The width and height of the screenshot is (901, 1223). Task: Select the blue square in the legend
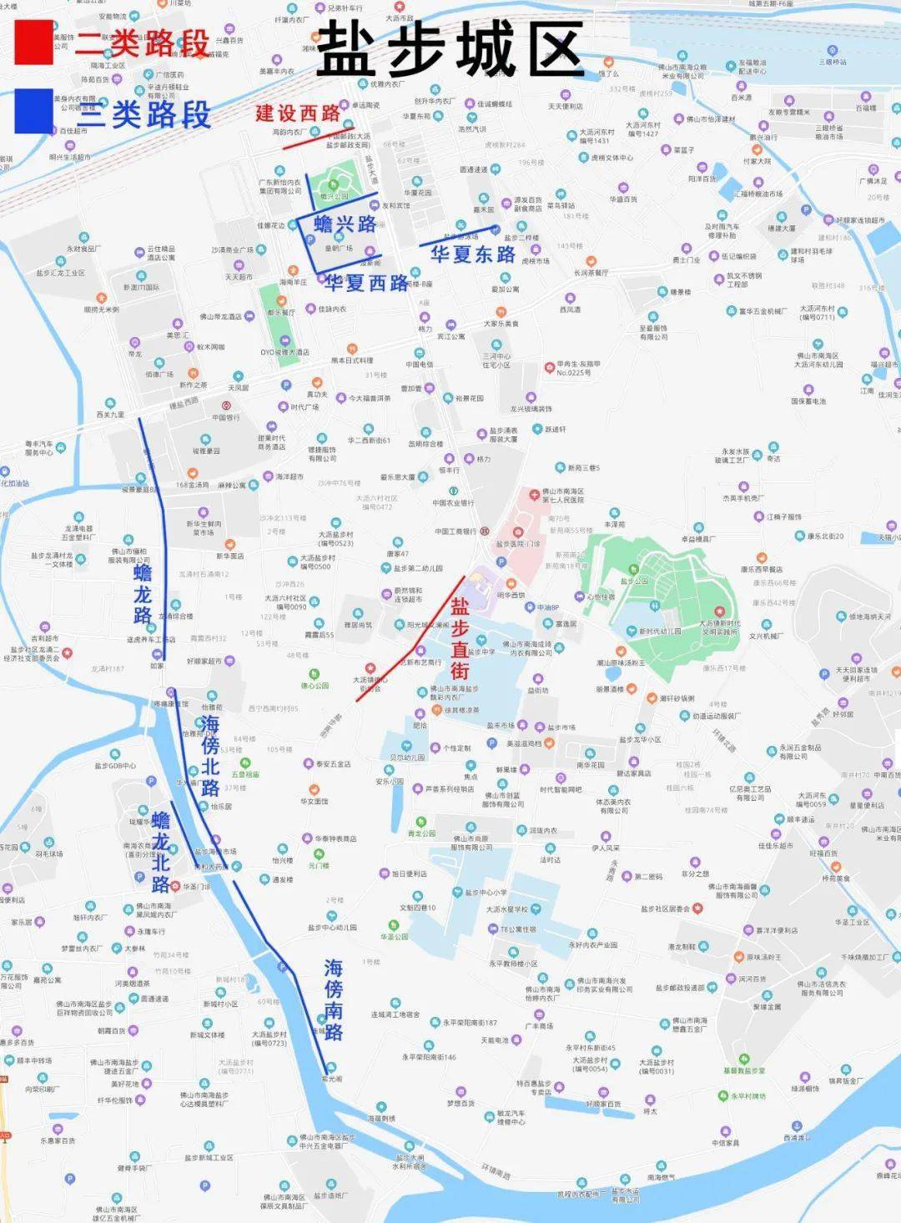33,111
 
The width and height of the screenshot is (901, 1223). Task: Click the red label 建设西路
297,113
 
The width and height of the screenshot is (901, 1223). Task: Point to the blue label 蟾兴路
345,224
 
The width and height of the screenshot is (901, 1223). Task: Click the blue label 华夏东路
473,254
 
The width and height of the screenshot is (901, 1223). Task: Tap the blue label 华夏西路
366,284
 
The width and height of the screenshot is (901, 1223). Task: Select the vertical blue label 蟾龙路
143,593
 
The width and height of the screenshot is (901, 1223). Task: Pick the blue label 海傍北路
209,755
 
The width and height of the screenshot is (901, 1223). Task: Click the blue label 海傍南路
333,999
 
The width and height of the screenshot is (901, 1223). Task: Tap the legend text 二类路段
142,43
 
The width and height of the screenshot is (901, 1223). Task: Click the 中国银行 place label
226,417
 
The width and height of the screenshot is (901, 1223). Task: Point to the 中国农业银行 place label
453,503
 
